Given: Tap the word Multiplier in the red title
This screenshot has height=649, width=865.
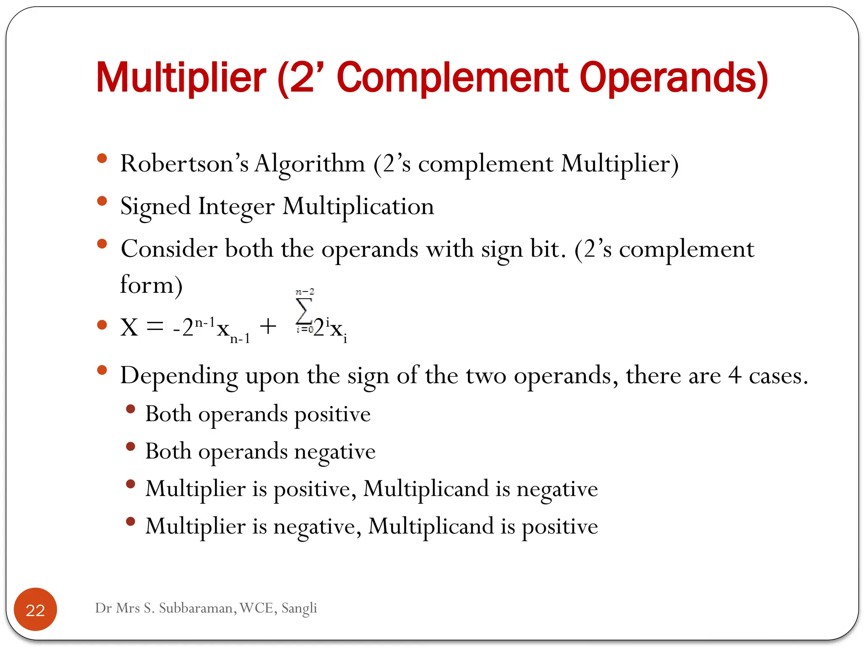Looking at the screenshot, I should point(181,78).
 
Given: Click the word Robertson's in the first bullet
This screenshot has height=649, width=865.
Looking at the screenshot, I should point(184,164).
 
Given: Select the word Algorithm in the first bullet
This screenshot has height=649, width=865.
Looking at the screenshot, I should point(310,164).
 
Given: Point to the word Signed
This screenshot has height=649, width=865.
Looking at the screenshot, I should point(155,207).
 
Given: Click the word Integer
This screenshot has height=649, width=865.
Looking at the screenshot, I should point(236,207).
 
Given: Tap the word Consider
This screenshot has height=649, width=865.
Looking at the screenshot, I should point(169,248).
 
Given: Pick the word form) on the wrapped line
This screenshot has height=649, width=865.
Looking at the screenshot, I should point(151,285).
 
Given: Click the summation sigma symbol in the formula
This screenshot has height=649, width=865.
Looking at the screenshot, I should point(304,311).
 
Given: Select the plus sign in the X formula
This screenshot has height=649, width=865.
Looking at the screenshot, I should point(268,327).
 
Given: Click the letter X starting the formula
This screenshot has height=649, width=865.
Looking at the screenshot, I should point(129,327).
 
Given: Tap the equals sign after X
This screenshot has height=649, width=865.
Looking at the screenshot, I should point(155,327).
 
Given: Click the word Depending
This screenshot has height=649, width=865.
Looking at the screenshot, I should point(179,376).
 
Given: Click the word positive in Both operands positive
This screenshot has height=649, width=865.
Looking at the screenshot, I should point(332,414).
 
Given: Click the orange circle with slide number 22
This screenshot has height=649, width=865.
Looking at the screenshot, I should point(35,609).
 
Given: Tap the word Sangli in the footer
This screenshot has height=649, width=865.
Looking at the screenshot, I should point(299,608).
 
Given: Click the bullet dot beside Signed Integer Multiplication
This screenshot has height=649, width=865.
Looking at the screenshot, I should point(102,201).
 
